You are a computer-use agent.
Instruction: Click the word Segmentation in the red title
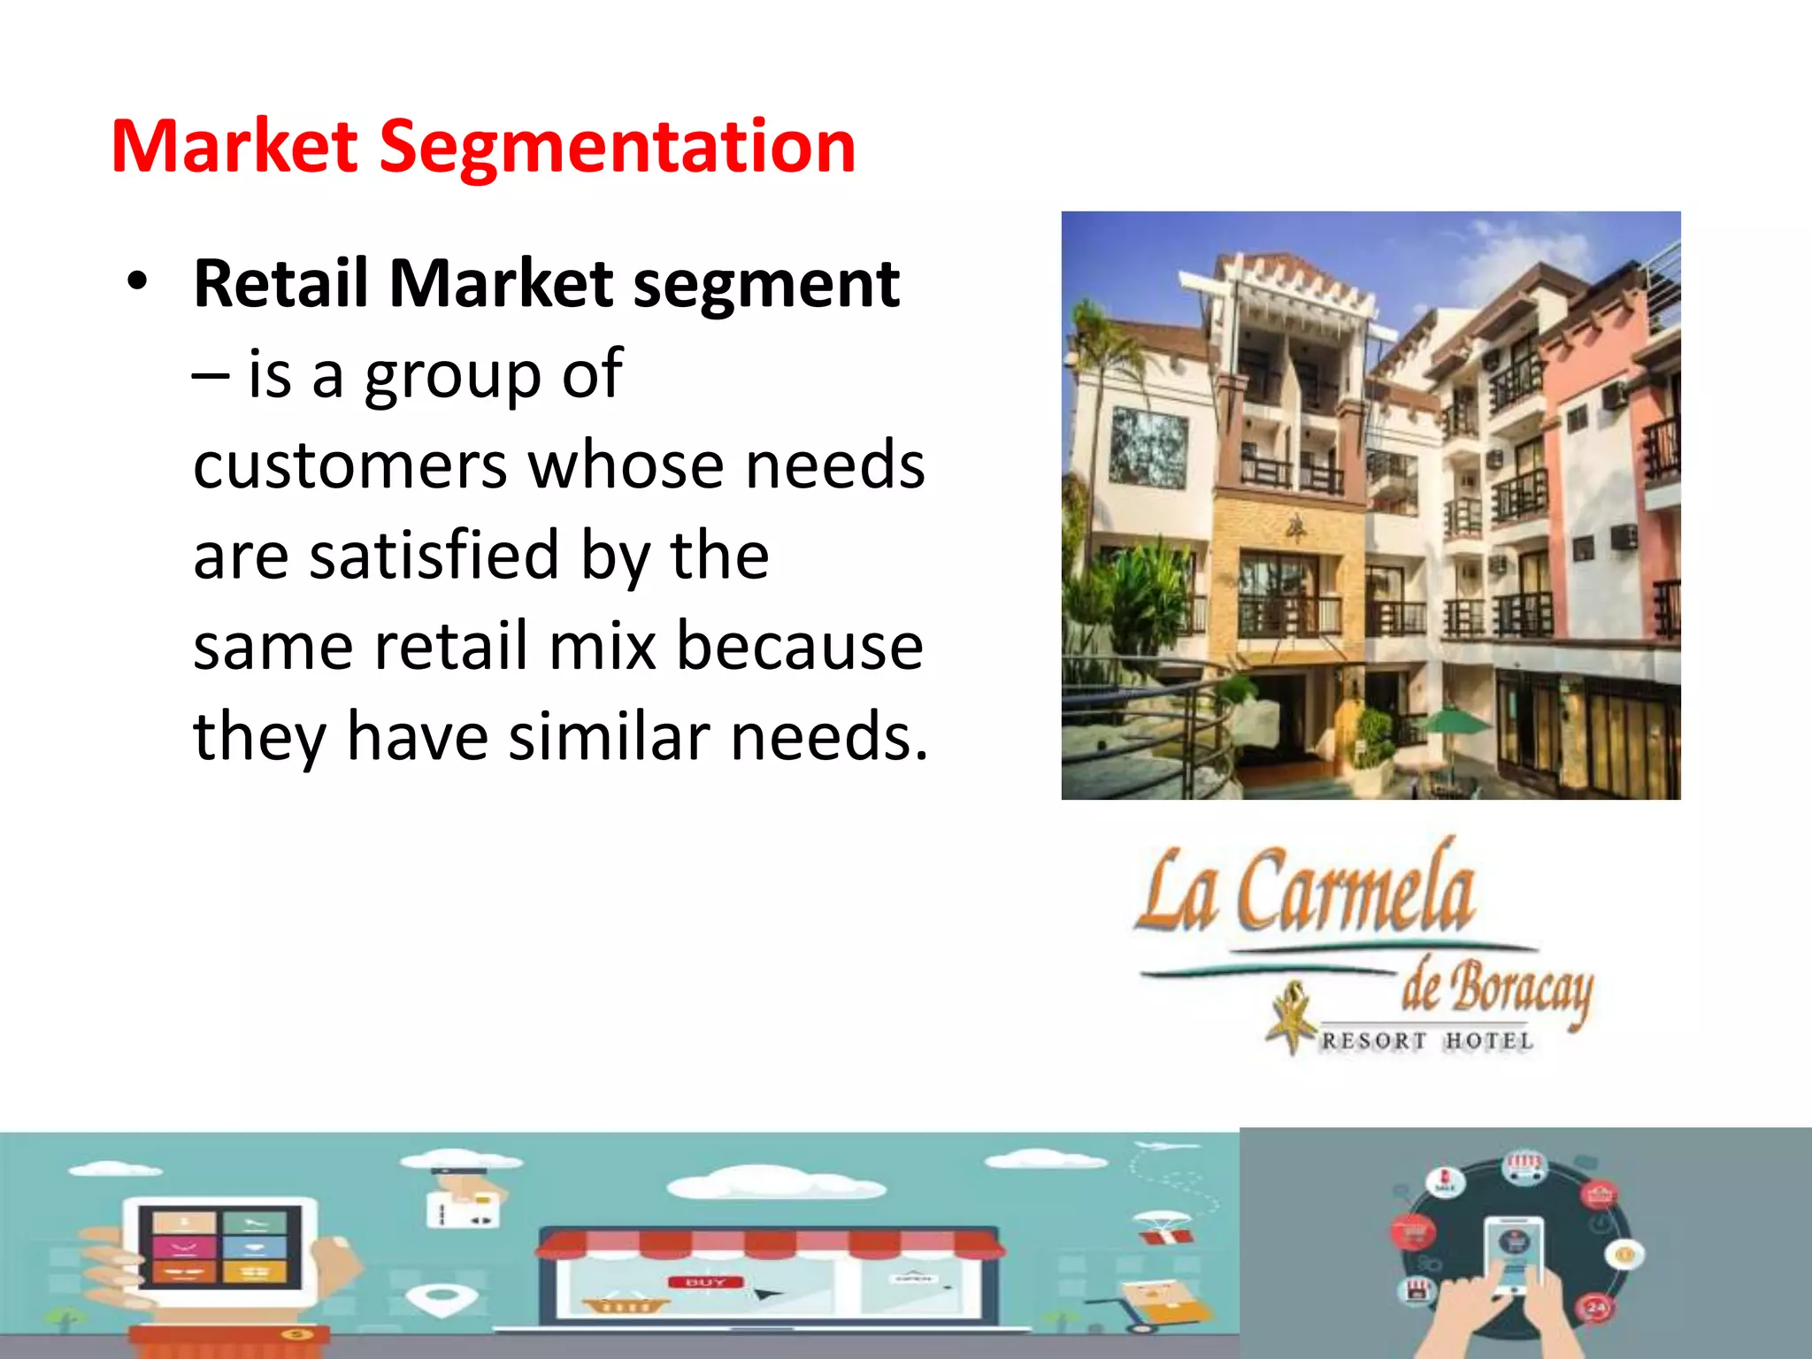click(x=618, y=148)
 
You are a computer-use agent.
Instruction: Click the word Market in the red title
click(x=234, y=146)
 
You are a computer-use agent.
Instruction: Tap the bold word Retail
click(x=280, y=284)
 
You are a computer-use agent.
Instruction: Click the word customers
click(x=349, y=466)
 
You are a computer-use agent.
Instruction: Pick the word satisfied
click(x=434, y=555)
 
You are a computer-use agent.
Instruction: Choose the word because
click(x=800, y=646)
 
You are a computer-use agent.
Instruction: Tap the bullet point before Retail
click(x=137, y=282)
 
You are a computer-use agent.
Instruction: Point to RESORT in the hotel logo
click(x=1373, y=1041)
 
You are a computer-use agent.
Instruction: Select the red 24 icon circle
click(x=1596, y=1307)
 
